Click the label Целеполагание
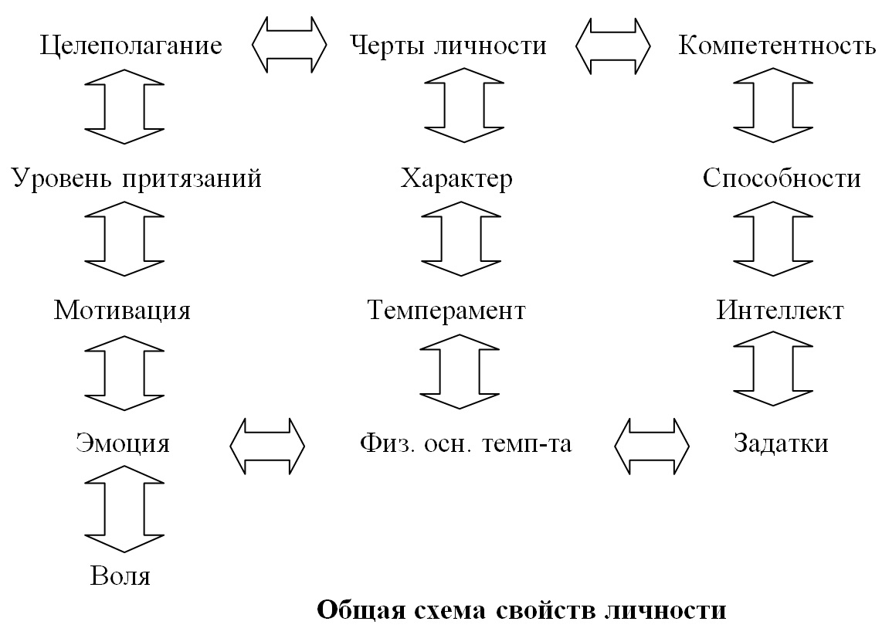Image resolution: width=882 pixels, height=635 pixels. [x=131, y=46]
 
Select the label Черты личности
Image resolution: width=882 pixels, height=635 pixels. [x=448, y=45]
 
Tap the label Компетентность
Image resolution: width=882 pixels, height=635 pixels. [x=777, y=46]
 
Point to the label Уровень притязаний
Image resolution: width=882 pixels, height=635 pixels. [x=137, y=179]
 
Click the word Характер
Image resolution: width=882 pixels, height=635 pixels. [x=456, y=179]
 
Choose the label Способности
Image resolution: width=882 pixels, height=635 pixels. [x=782, y=178]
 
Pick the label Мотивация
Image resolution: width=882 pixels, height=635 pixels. [x=122, y=311]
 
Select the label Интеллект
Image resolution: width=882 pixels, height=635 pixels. [x=779, y=310]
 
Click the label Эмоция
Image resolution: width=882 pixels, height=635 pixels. [x=123, y=443]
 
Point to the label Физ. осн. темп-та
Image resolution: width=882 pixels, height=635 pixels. [x=466, y=443]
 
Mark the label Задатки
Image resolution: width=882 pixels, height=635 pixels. [x=781, y=443]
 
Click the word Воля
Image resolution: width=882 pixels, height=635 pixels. [x=120, y=576]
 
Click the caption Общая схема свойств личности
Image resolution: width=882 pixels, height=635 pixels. [x=521, y=610]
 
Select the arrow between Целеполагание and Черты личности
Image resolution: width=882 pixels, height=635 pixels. [x=289, y=45]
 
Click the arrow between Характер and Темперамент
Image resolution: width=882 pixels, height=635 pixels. [x=460, y=239]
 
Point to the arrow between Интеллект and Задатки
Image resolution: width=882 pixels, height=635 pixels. [x=773, y=368]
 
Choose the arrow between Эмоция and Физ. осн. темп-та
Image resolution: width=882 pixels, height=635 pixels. [x=267, y=446]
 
